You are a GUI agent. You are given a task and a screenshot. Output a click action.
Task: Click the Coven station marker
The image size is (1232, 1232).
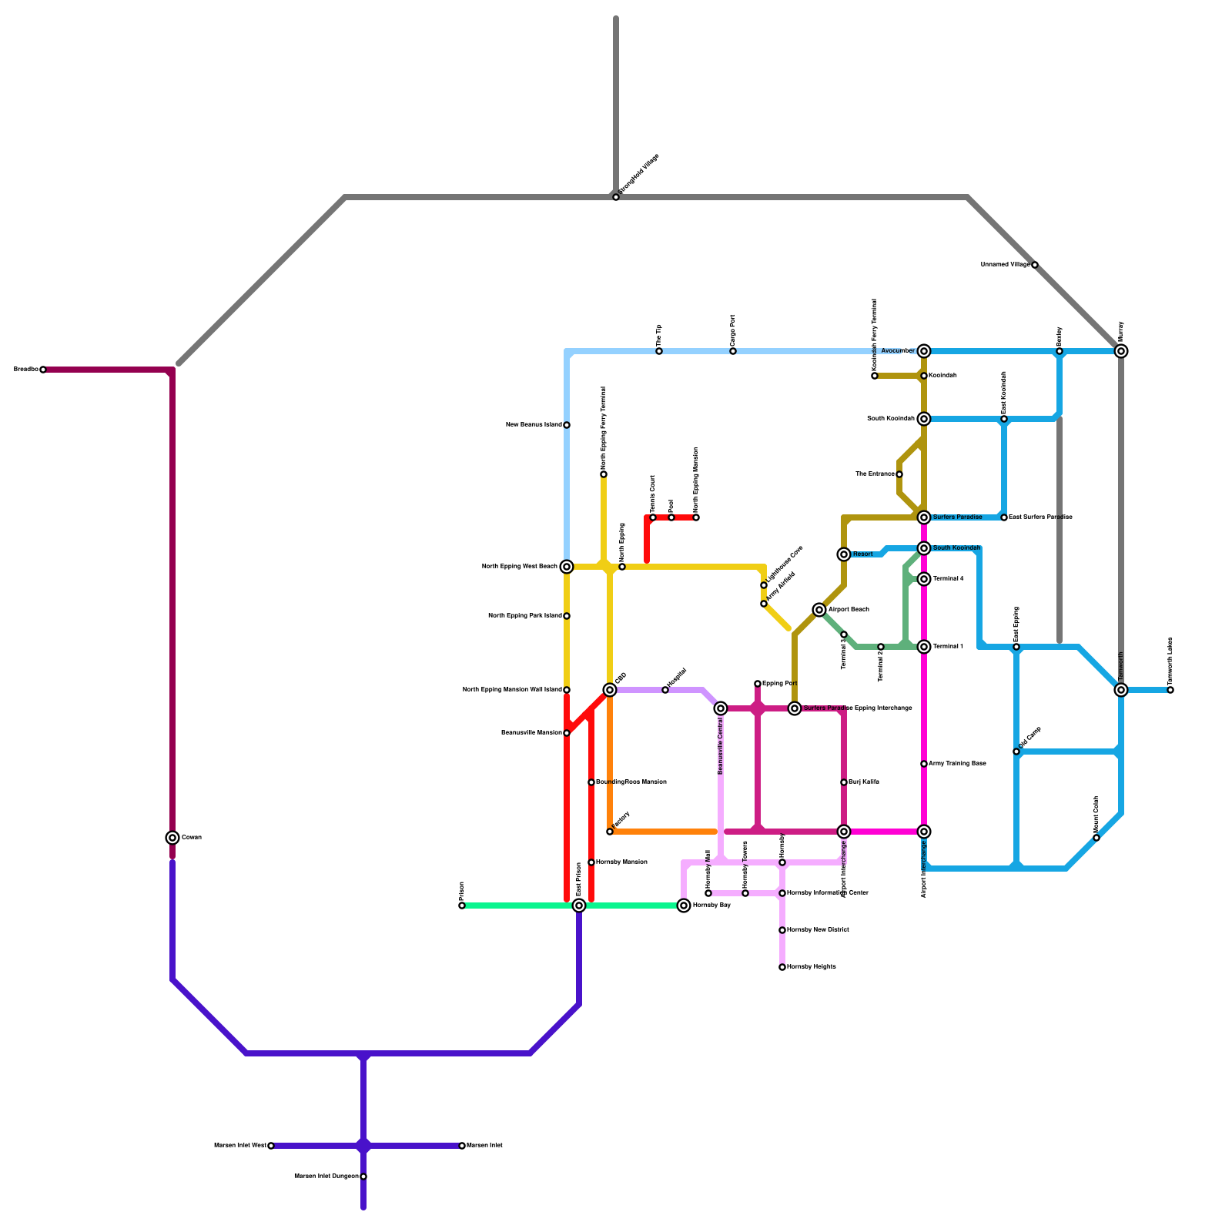click(x=172, y=838)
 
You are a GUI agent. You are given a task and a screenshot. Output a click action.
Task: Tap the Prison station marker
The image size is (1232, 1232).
click(x=462, y=906)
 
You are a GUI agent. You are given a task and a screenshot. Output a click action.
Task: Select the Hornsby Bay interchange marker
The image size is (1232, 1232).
click(x=684, y=906)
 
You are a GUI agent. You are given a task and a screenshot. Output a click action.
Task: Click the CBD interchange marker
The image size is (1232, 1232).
click(x=610, y=690)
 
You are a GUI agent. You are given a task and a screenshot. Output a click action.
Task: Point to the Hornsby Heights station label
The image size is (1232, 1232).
click(x=812, y=967)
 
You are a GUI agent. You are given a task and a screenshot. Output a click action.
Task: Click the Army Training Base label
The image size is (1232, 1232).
click(x=957, y=764)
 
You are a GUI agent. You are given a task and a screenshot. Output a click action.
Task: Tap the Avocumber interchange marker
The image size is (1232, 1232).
click(x=924, y=351)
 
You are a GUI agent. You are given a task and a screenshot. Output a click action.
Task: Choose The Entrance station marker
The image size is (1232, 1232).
click(x=899, y=474)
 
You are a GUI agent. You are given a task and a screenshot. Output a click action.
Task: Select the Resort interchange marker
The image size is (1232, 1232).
click(x=844, y=554)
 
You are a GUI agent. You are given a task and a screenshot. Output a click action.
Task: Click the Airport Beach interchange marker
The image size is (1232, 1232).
click(x=819, y=610)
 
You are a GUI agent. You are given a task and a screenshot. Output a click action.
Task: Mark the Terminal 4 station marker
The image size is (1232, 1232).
click(x=924, y=579)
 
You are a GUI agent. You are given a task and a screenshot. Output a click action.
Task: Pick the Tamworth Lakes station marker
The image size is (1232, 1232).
click(x=1170, y=690)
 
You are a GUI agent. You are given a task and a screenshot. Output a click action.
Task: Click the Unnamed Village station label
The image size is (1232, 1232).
click(x=1005, y=265)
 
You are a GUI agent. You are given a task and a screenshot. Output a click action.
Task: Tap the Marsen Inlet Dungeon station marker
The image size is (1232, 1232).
click(x=363, y=1177)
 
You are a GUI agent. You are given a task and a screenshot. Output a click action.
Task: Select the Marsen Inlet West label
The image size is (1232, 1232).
click(x=239, y=1146)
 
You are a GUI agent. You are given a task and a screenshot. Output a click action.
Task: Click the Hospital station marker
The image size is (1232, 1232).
click(x=665, y=690)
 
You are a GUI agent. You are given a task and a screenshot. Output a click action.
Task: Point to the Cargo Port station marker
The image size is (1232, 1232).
click(x=733, y=351)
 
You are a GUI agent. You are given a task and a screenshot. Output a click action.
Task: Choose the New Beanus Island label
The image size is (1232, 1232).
click(x=534, y=425)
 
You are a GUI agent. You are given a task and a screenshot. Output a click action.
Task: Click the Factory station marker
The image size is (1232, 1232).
click(x=610, y=832)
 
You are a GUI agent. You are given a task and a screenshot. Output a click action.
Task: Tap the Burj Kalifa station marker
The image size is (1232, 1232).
click(x=844, y=782)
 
